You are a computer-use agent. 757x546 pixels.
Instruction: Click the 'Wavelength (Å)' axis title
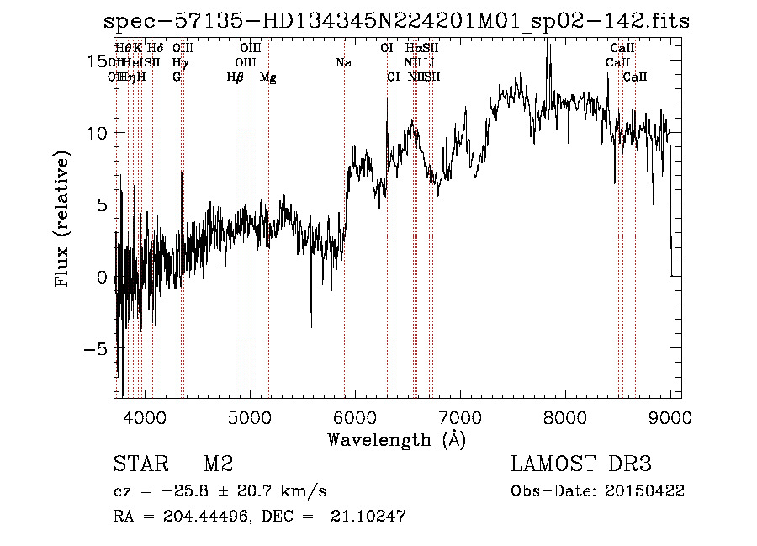tap(396, 439)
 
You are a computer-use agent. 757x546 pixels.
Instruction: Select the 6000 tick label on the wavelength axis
tap(354, 416)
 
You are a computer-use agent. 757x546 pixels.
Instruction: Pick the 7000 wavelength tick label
tap(459, 416)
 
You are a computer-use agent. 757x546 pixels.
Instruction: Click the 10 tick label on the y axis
tap(95, 133)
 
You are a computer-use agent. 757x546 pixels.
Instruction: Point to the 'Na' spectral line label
tap(343, 63)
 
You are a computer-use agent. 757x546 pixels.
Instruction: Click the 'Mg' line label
tap(268, 77)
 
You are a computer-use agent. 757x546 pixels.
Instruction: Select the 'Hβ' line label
tap(236, 77)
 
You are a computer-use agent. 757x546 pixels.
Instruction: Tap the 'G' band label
tap(177, 77)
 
